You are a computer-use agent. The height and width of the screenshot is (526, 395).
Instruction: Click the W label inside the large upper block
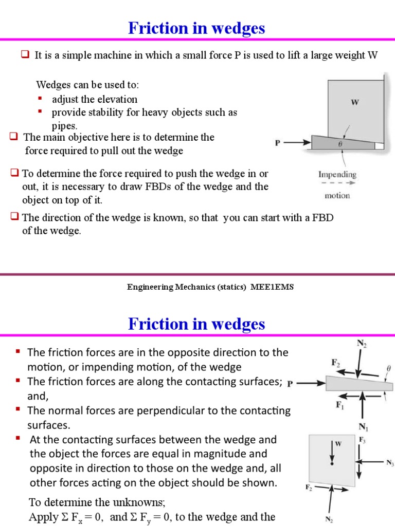point(355,102)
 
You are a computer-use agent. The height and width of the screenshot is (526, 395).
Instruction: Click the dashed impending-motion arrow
point(337,184)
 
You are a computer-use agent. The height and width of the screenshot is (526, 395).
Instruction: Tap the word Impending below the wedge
point(337,174)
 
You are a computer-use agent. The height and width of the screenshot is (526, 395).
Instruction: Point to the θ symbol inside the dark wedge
point(339,144)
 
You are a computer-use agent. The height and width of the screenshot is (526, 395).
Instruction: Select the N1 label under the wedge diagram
point(363,426)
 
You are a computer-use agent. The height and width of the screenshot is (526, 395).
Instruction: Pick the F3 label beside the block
point(362,440)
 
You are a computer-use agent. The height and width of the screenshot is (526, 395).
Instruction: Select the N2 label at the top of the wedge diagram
point(362,343)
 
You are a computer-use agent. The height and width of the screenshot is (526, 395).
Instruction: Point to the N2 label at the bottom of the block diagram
point(329,519)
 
